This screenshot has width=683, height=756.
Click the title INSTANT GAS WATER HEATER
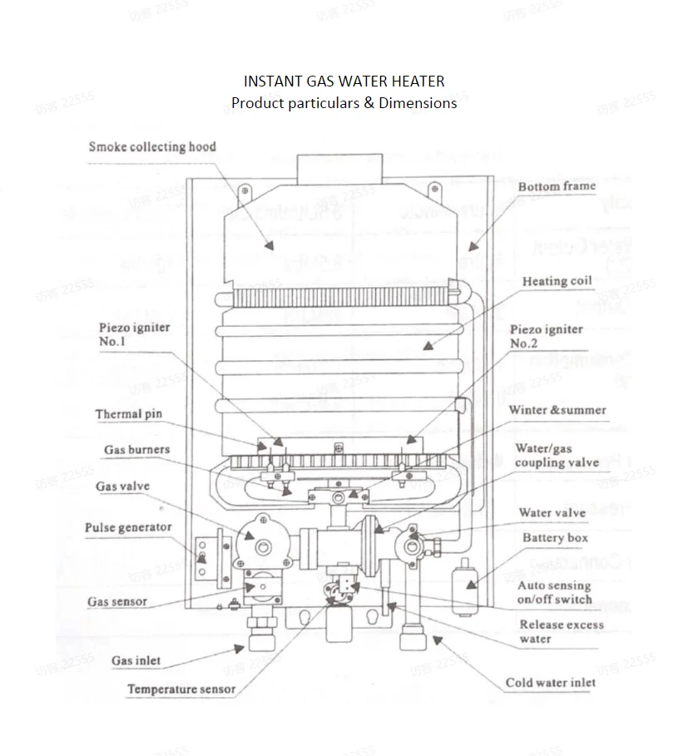(344, 82)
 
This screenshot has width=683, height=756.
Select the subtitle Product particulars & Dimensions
(344, 103)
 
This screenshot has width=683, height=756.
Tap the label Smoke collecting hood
(152, 147)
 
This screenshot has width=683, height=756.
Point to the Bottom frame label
(557, 186)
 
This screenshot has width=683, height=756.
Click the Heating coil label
(557, 281)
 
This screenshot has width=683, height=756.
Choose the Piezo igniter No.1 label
(134, 334)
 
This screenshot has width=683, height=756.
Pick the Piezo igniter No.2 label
(546, 336)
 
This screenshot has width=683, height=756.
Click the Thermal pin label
(128, 414)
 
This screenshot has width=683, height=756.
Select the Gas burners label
(136, 450)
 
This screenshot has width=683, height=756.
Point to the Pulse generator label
(128, 527)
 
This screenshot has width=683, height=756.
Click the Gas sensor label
(117, 601)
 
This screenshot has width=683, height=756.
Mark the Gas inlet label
(136, 661)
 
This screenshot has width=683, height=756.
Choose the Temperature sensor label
(181, 689)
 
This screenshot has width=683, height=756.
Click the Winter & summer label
(557, 410)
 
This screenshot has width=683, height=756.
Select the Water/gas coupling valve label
(557, 456)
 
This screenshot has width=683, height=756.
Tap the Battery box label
(555, 538)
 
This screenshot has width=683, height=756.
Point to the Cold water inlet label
(550, 683)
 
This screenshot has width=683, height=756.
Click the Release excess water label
(562, 631)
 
